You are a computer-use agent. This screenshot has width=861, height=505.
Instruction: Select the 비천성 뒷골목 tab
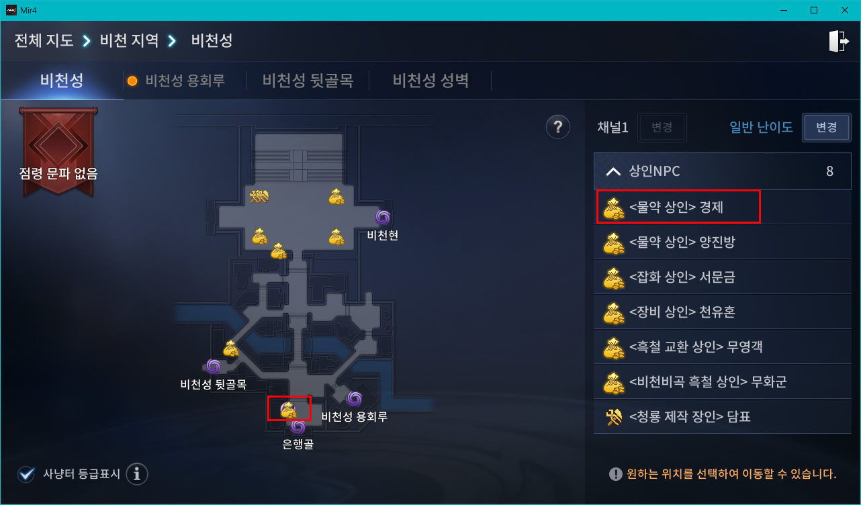coord(308,81)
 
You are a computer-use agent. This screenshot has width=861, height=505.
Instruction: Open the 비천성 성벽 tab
coord(430,81)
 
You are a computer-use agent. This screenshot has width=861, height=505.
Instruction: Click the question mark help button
coord(557,126)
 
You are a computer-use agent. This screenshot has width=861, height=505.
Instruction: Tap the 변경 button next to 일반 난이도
coord(826,127)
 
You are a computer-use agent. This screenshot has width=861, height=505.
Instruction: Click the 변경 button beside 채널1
coord(662,127)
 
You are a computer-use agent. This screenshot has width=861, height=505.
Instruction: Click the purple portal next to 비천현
coord(383,217)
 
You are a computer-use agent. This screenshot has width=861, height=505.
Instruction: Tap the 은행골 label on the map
coord(298,443)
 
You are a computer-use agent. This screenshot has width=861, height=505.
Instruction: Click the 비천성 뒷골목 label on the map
coord(214,384)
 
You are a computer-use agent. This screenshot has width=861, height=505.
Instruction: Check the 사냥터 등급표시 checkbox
coord(27,474)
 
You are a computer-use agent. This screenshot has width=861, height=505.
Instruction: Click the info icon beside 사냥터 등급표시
coord(137,474)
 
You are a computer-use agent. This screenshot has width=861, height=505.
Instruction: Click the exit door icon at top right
coord(839,41)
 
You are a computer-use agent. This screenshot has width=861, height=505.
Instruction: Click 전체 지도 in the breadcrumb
coord(44,40)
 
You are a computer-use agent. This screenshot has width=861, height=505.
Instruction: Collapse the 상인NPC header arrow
coord(613,171)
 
